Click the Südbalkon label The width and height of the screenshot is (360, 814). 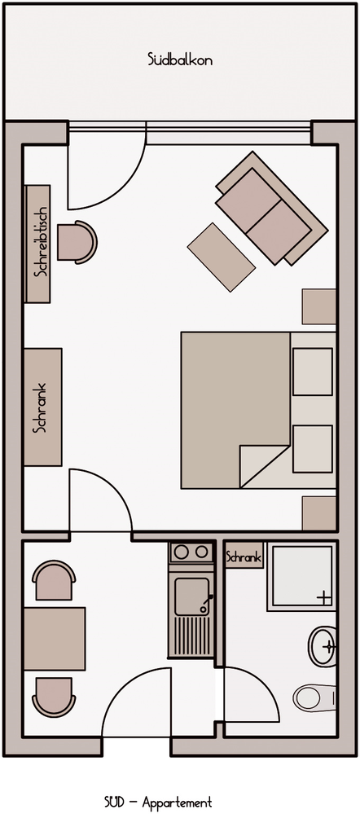pyautogui.click(x=180, y=59)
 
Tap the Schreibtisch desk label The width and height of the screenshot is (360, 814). pyautogui.click(x=40, y=242)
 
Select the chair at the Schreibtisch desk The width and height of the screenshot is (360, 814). pyautogui.click(x=77, y=242)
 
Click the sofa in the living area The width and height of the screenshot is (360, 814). pyautogui.click(x=271, y=209)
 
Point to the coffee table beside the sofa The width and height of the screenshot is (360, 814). pyautogui.click(x=222, y=257)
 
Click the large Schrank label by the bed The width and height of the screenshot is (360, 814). pyautogui.click(x=39, y=407)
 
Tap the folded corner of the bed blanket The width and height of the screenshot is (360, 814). pyautogui.click(x=265, y=465)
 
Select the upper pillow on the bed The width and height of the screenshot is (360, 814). pyautogui.click(x=312, y=372)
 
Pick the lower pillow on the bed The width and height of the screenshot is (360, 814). pyautogui.click(x=312, y=448)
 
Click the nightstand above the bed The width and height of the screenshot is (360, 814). pyautogui.click(x=319, y=307)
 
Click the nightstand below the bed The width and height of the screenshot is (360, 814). pyautogui.click(x=319, y=513)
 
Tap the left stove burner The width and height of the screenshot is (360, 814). pyautogui.click(x=181, y=552)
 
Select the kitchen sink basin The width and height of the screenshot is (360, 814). pyautogui.click(x=191, y=596)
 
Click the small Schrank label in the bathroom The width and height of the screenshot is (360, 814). pyautogui.click(x=244, y=558)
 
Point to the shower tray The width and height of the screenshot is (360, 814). pyautogui.click(x=301, y=577)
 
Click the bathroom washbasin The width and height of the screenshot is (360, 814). pyautogui.click(x=323, y=646)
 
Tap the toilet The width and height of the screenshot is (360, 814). pyautogui.click(x=314, y=698)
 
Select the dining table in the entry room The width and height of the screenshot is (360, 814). pyautogui.click(x=55, y=639)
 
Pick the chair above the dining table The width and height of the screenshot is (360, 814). pyautogui.click(x=54, y=580)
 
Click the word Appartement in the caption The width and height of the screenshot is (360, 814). pyautogui.click(x=177, y=803)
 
